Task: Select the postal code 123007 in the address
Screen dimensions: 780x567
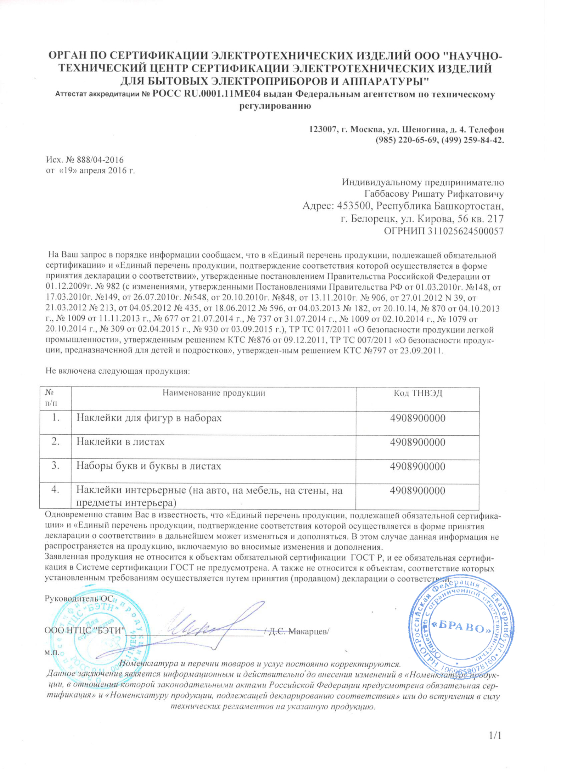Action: (323, 129)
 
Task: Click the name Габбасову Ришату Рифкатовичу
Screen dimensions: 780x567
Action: (434, 194)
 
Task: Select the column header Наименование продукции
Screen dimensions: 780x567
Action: (214, 393)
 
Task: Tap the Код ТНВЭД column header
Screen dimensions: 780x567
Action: (418, 393)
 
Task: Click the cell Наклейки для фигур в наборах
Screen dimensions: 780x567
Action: (149, 418)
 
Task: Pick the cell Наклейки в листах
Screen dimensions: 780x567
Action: (120, 442)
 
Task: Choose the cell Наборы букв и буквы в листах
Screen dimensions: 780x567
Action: (149, 466)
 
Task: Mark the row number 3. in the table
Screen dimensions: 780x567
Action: (55, 465)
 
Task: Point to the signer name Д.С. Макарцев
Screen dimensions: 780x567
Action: (298, 631)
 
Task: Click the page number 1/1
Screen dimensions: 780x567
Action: (495, 736)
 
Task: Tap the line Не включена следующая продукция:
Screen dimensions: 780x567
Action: (118, 371)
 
